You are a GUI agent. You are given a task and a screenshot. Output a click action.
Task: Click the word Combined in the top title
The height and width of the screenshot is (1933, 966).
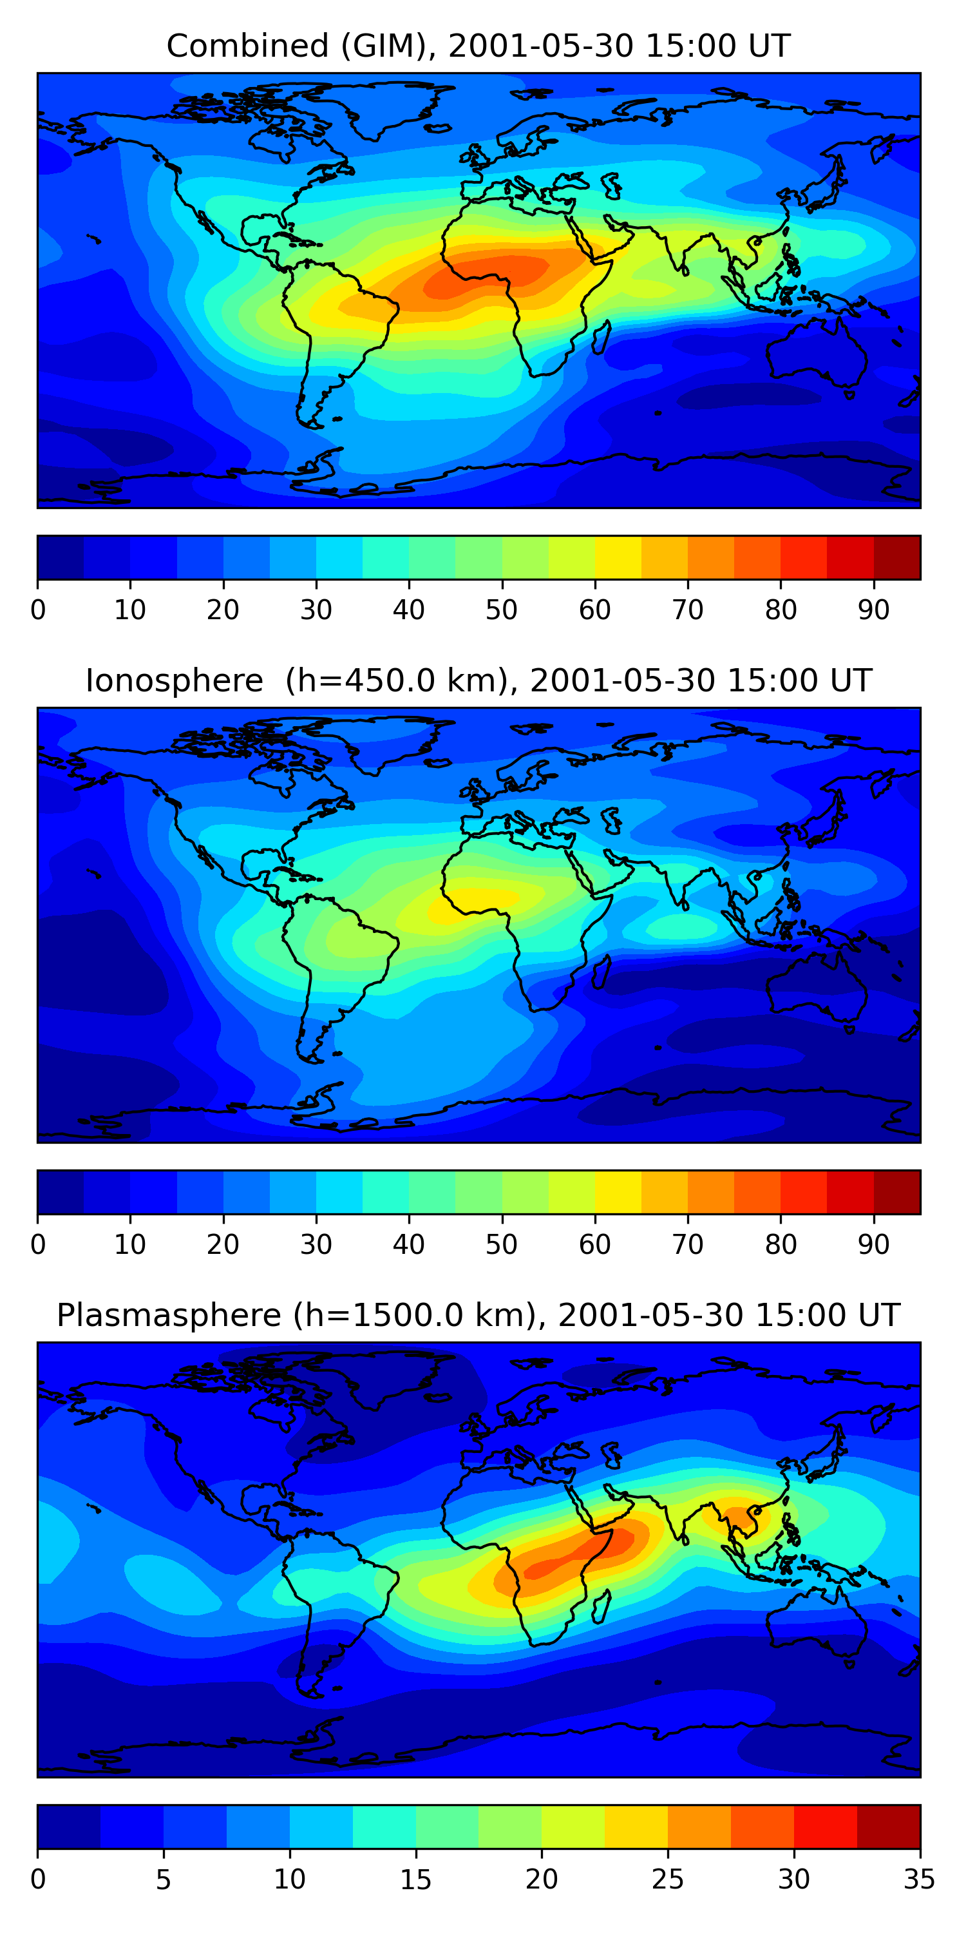247,46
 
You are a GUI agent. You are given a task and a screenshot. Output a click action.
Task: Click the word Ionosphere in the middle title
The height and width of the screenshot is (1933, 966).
174,681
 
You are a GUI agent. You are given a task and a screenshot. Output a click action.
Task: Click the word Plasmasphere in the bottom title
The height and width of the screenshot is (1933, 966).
169,1316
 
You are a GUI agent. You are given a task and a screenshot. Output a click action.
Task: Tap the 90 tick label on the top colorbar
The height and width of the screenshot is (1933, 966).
874,610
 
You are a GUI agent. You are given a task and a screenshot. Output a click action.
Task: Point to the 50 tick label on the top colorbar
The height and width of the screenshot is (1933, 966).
502,610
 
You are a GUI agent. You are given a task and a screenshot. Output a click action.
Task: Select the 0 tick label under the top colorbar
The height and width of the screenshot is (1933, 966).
38,610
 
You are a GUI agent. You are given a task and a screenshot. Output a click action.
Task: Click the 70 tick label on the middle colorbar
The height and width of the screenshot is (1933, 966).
688,1245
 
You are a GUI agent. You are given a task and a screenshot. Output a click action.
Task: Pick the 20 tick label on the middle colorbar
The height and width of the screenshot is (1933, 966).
223,1245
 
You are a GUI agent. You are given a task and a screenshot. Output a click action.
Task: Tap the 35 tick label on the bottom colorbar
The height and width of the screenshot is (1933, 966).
920,1880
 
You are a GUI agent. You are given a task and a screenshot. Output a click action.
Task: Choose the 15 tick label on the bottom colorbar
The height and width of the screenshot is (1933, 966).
415,1880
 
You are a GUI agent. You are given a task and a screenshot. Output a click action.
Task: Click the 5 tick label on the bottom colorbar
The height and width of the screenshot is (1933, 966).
164,1880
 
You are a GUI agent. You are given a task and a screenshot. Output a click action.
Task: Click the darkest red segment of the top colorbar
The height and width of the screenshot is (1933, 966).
897,557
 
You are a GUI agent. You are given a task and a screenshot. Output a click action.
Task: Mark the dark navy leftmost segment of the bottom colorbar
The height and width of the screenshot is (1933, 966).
69,1827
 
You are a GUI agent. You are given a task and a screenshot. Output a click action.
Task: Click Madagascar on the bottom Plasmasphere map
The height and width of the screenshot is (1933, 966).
600,1608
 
